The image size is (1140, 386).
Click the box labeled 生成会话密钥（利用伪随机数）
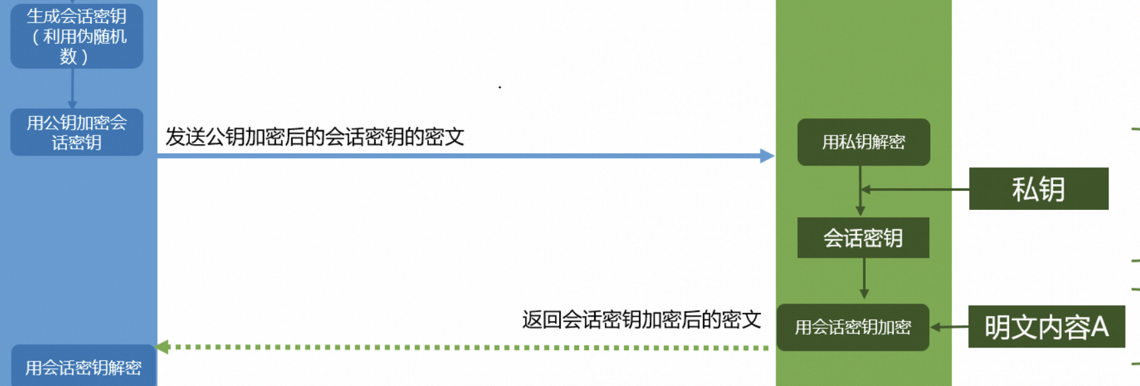point(76,36)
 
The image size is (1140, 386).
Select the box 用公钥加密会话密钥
point(76,132)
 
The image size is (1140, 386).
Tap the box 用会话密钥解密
point(83,367)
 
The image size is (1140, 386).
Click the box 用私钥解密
point(863,142)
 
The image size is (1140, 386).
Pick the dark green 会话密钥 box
point(862,238)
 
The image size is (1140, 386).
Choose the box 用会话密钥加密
point(853,327)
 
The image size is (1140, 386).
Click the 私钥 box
point(1038,189)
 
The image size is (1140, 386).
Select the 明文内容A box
point(1046,327)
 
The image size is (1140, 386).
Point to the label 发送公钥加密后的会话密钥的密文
point(314,137)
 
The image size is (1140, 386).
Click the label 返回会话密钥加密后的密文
point(641,320)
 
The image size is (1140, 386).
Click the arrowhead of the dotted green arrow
point(163,346)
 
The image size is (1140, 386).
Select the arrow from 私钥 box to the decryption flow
point(916,189)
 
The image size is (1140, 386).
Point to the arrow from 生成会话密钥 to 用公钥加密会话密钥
point(72,88)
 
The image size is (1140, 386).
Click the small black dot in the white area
point(500,87)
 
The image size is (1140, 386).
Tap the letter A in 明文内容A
point(1099,327)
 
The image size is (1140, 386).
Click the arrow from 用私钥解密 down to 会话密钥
point(860,199)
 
